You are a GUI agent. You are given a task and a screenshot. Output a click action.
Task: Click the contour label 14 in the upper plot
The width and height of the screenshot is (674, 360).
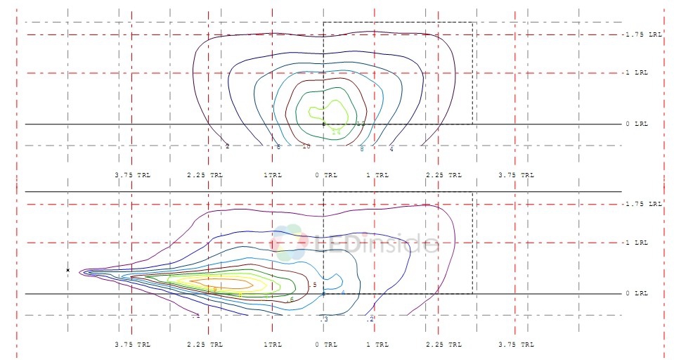336,131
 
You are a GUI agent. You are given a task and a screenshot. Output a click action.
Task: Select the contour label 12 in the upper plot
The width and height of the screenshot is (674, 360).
361,124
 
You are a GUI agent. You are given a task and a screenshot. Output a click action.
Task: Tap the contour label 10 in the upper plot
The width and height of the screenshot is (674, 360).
306,146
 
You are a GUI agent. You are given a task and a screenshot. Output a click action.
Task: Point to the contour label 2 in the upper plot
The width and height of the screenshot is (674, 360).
228,146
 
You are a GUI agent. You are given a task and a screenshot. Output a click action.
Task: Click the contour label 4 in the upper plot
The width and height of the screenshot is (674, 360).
391,149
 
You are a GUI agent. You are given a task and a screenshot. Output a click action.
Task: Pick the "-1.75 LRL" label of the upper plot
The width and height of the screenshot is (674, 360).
642,34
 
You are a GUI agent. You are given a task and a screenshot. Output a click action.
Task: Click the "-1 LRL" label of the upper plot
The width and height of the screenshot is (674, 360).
640,72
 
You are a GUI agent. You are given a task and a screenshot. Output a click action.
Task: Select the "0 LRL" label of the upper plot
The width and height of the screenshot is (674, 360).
636,124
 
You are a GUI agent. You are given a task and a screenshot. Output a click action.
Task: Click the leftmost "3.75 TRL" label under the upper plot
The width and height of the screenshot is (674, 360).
132,174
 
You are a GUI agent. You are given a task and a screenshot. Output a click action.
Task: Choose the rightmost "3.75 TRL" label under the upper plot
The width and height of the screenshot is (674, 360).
516,174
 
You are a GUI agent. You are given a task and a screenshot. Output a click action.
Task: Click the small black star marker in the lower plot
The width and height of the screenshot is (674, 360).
68,270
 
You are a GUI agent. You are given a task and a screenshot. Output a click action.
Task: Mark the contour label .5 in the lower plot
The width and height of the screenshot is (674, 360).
313,285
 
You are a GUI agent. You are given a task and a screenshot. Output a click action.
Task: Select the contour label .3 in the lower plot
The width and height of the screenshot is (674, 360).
325,319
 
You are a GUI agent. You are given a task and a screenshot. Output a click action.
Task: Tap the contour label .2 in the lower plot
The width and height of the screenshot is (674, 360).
370,319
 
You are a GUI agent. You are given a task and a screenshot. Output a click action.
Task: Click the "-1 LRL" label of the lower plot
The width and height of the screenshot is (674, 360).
640,243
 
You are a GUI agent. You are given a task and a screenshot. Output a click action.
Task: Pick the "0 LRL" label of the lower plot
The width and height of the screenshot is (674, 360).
636,293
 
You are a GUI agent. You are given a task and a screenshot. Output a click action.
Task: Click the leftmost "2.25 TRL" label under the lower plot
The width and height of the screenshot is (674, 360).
205,345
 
